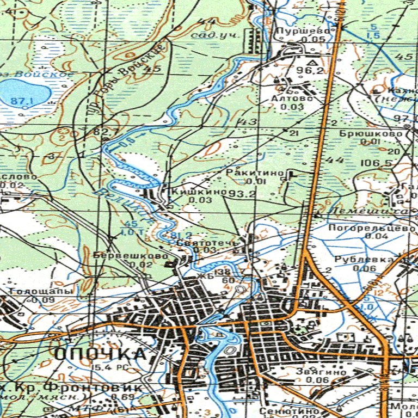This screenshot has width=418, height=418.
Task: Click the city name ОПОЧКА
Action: (101, 354)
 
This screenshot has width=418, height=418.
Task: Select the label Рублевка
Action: (364, 260)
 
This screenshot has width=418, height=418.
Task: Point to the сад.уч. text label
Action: (212, 35)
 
